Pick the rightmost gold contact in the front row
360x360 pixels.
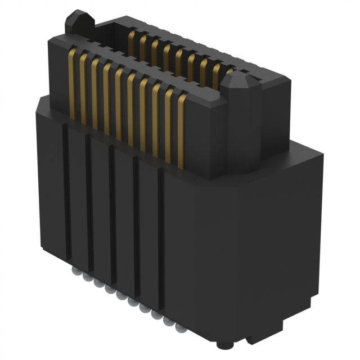pos(181,129)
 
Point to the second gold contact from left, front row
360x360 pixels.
pos(83,88)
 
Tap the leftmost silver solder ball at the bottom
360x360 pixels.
pos(75,271)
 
